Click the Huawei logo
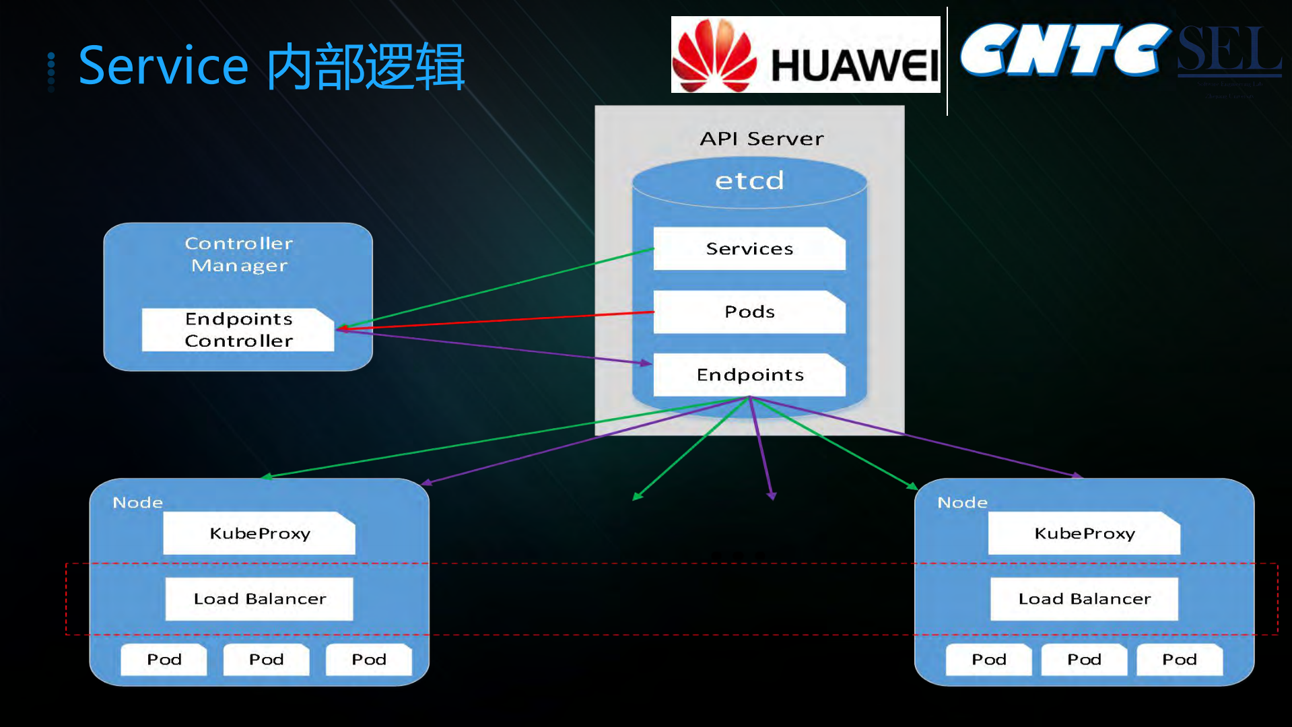[x=805, y=55]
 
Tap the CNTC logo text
[x=1064, y=50]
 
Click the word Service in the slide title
[x=164, y=66]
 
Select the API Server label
[x=761, y=139]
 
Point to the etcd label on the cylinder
[x=749, y=181]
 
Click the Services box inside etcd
[x=749, y=249]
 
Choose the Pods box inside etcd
[x=749, y=312]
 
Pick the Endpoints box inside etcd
[x=749, y=375]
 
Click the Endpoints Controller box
[x=238, y=330]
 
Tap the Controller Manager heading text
[x=239, y=254]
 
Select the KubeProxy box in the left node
[x=259, y=534]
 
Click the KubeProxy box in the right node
[x=1084, y=534]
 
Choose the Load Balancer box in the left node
[x=259, y=599]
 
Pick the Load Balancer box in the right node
[x=1084, y=599]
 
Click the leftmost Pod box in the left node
[x=164, y=660]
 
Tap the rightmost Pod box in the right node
[x=1180, y=660]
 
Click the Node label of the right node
[x=962, y=503]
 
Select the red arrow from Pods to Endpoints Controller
[x=498, y=320]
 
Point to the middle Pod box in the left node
[x=266, y=660]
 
